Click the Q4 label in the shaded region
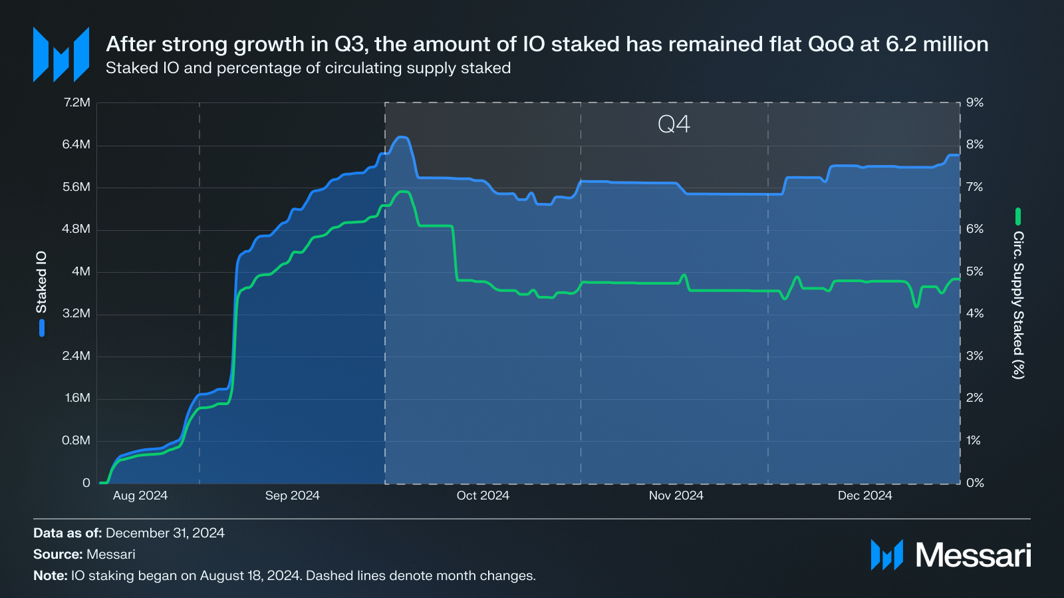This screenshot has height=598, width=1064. pyautogui.click(x=674, y=124)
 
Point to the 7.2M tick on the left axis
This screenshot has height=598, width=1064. pyautogui.click(x=76, y=102)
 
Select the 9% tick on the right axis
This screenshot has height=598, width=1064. pyautogui.click(x=975, y=102)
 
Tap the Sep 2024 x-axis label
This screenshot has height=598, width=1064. pyautogui.click(x=292, y=496)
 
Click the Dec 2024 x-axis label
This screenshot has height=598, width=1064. pyautogui.click(x=864, y=496)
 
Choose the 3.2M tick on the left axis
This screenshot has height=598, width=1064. pyautogui.click(x=76, y=313)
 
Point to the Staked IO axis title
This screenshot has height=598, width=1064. pyautogui.click(x=41, y=282)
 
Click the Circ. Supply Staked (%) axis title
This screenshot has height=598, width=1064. pyautogui.click(x=1018, y=305)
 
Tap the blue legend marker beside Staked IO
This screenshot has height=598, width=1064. pyautogui.click(x=42, y=328)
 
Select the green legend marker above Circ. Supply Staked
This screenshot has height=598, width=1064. pyautogui.click(x=1018, y=216)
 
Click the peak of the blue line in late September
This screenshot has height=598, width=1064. pyautogui.click(x=402, y=138)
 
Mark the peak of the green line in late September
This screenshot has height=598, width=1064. pyautogui.click(x=402, y=192)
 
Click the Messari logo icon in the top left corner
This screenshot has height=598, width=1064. pyautogui.click(x=61, y=55)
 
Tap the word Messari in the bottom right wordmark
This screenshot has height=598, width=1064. pyautogui.click(x=973, y=555)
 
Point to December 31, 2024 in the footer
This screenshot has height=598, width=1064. pyautogui.click(x=165, y=533)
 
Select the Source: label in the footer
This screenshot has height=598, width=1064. pyautogui.click(x=58, y=554)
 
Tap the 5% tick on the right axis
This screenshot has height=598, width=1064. pyautogui.click(x=975, y=271)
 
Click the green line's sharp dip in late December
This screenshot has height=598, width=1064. pyautogui.click(x=916, y=306)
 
